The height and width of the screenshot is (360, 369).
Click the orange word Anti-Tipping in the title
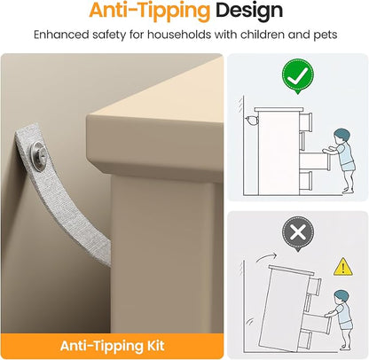pos(150,12)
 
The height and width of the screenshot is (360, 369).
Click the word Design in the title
pos(249,12)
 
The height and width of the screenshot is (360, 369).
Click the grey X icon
pos(297,233)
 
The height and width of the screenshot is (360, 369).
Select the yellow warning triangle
pos(342,267)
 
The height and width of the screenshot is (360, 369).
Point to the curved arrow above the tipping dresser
pos(265,257)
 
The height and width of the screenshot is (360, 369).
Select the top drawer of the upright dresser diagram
pos(306,121)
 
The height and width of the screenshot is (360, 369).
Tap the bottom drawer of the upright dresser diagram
pos(306,180)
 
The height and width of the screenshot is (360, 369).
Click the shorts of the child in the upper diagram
pos(349,166)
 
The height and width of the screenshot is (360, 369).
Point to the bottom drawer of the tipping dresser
pos(307,339)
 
